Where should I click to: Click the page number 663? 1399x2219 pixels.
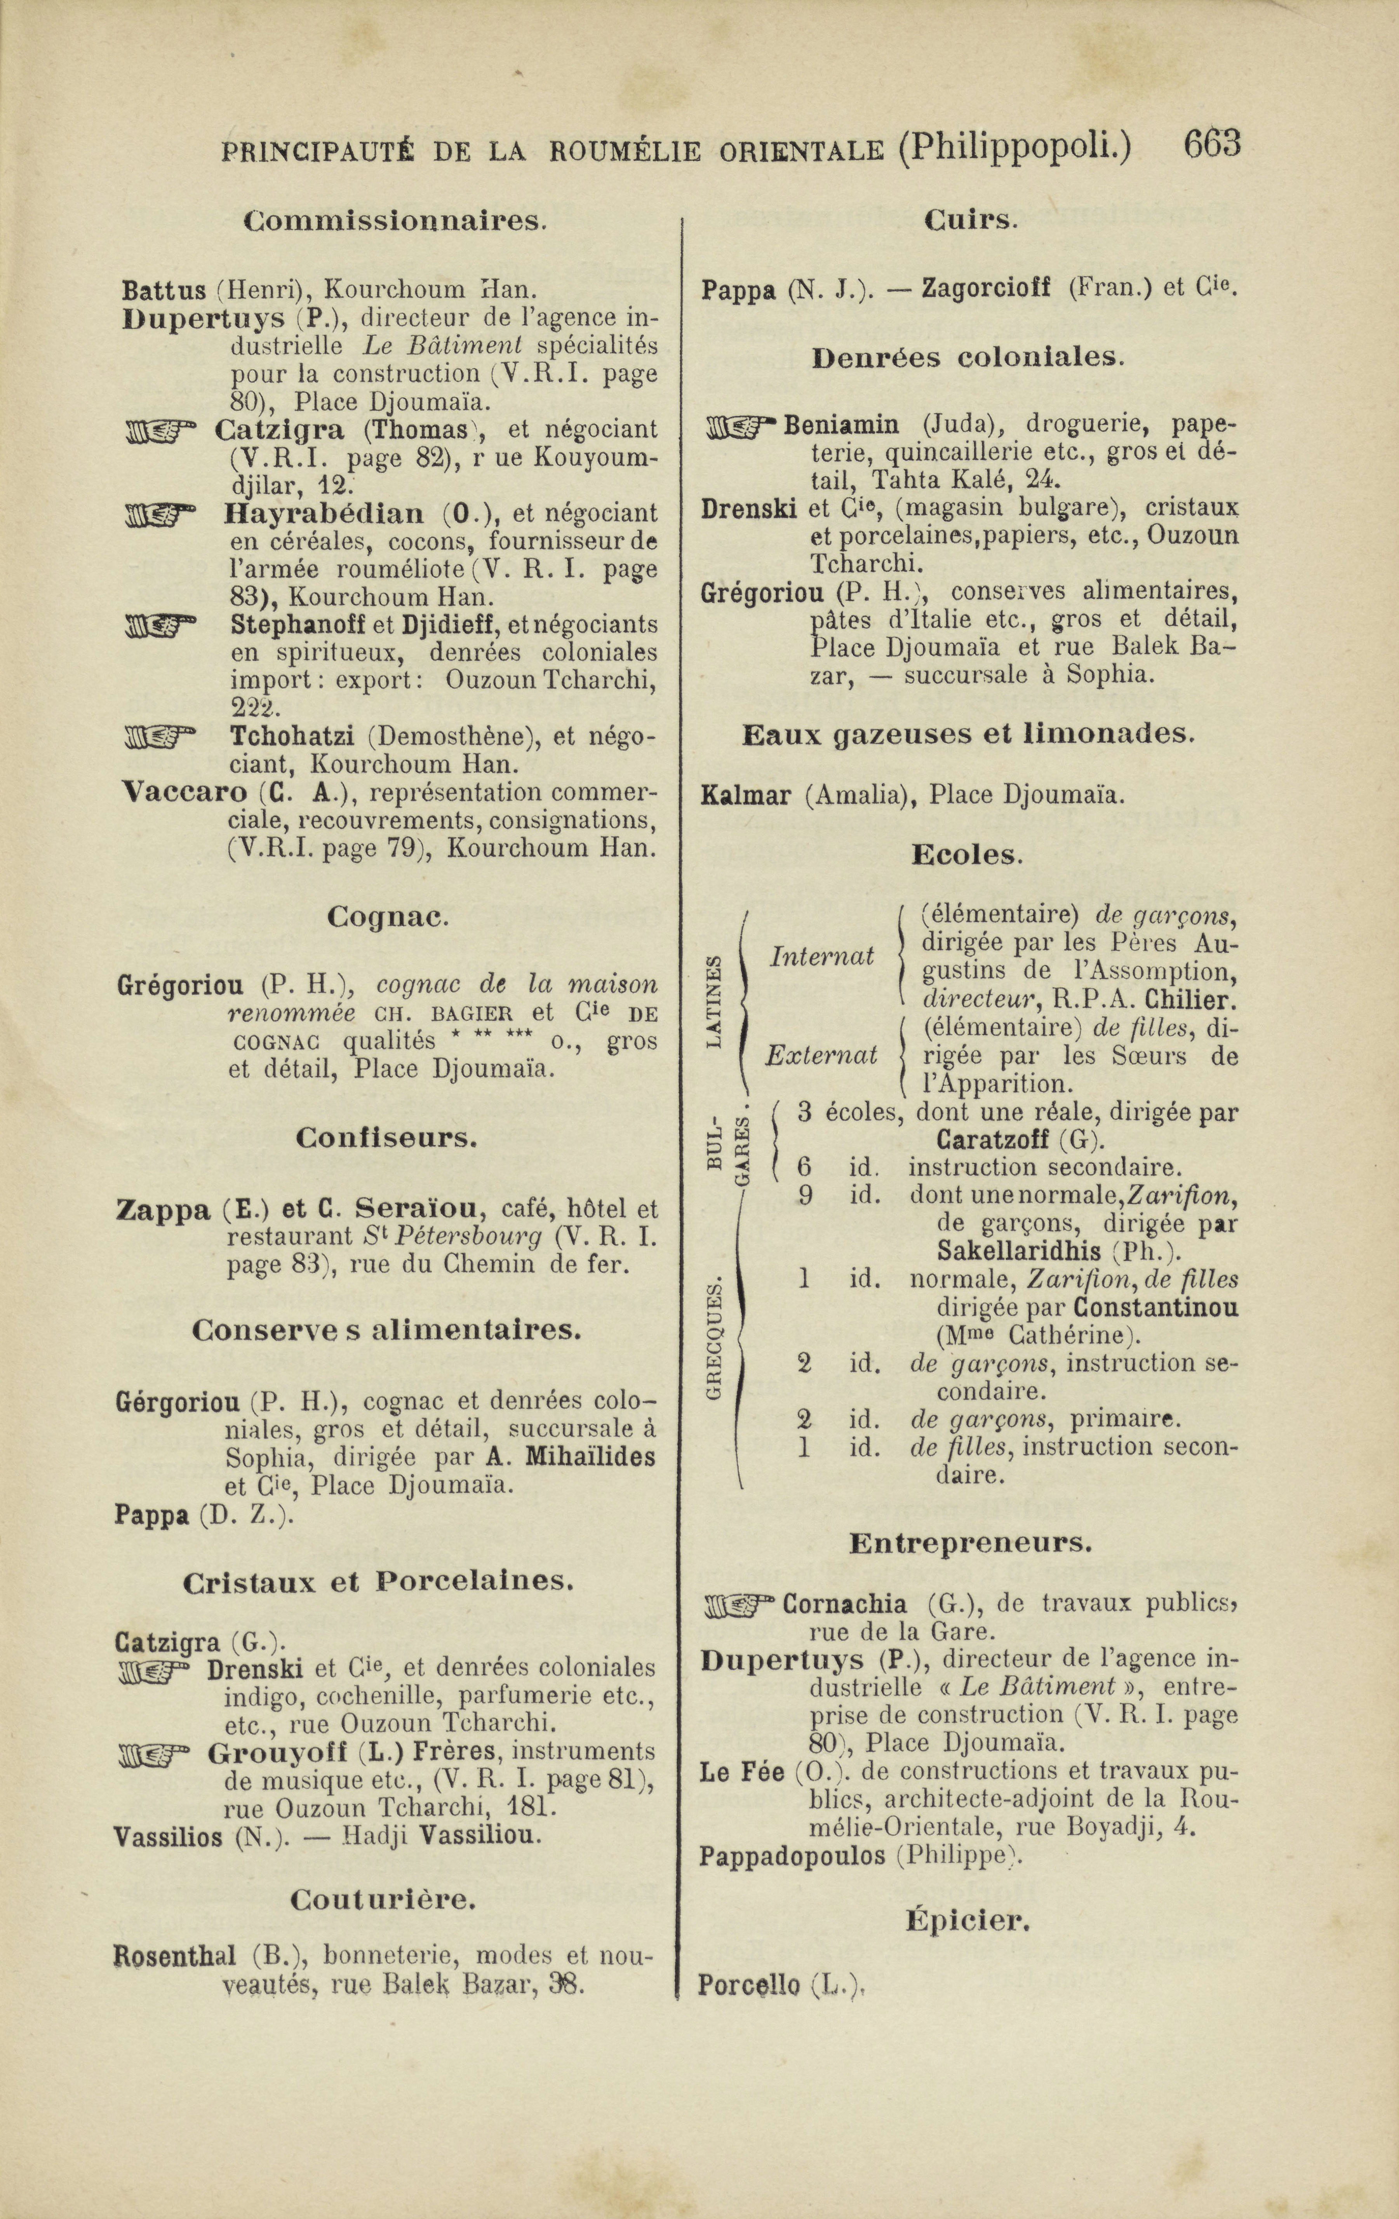tap(1213, 146)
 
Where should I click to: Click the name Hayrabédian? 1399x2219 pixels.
tap(324, 512)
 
